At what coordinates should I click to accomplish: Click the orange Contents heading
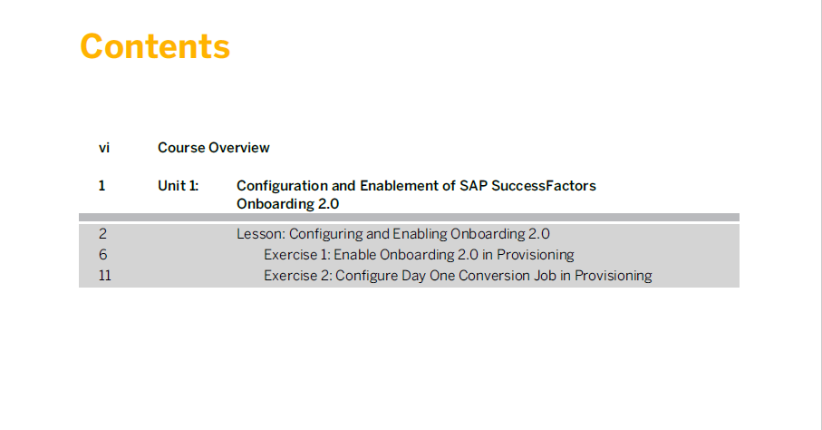pyautogui.click(x=155, y=46)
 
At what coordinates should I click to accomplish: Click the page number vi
pyautogui.click(x=104, y=148)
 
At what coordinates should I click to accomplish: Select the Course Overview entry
pyautogui.click(x=213, y=148)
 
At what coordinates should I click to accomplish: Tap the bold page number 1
pyautogui.click(x=102, y=186)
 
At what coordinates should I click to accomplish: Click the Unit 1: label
pyautogui.click(x=179, y=186)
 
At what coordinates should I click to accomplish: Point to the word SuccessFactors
pyautogui.click(x=544, y=186)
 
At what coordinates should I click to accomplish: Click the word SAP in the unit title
pyautogui.click(x=473, y=186)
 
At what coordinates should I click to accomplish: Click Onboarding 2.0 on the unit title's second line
pyautogui.click(x=288, y=204)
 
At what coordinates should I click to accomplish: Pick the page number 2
pyautogui.click(x=102, y=234)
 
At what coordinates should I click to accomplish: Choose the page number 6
pyautogui.click(x=102, y=255)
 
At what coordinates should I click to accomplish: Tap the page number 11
pyautogui.click(x=105, y=276)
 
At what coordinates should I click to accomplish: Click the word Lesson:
pyautogui.click(x=260, y=234)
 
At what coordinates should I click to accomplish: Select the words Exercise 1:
pyautogui.click(x=297, y=255)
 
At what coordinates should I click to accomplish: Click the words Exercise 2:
pyautogui.click(x=298, y=276)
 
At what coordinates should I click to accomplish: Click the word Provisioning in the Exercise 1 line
pyautogui.click(x=536, y=255)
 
